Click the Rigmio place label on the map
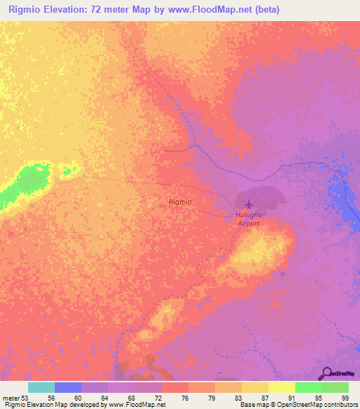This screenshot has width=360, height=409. [x=181, y=202]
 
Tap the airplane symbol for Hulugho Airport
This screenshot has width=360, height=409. [x=247, y=204]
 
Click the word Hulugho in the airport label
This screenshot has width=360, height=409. [x=248, y=216]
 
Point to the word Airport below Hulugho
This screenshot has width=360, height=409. [x=248, y=223]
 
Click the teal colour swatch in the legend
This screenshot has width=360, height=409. [x=41, y=388]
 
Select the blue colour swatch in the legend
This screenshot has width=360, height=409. [x=68, y=388]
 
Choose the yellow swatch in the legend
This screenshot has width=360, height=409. [x=282, y=388]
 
